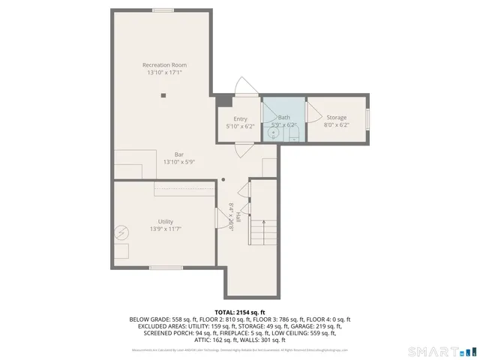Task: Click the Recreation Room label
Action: pos(164,65)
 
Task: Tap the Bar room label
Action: pos(179,154)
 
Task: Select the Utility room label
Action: pos(166,221)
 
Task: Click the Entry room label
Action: pos(240,118)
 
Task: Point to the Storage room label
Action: pos(337,118)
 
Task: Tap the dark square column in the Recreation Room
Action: pos(163,95)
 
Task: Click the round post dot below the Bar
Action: pos(223,179)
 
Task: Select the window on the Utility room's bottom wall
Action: pos(166,268)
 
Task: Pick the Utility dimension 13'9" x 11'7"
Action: pos(166,229)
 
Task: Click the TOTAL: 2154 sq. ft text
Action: pos(239,311)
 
